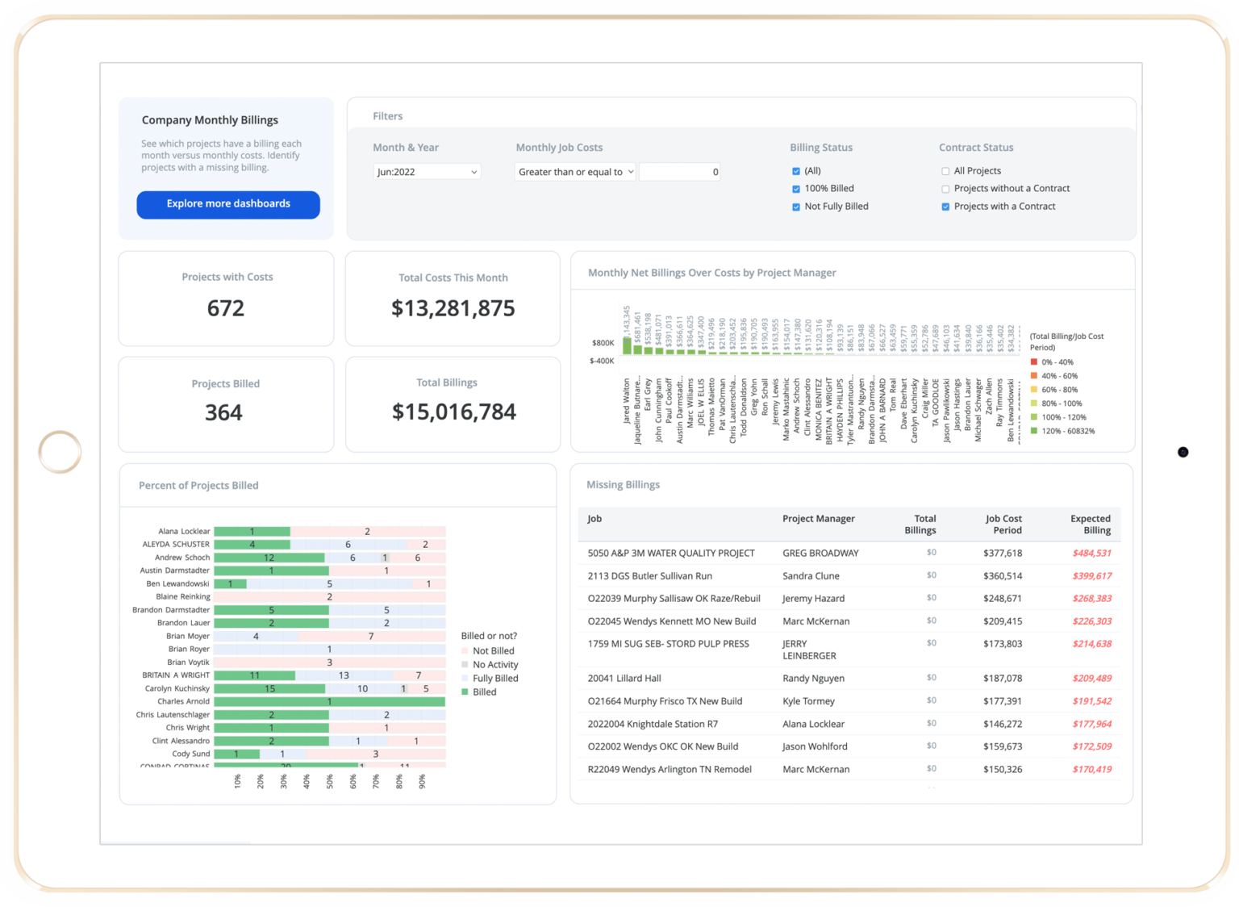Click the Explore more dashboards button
tap(228, 204)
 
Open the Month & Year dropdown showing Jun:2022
tap(427, 172)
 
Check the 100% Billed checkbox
tap(796, 189)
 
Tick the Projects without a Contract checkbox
tap(945, 189)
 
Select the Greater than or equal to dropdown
tap(575, 172)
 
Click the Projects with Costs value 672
tap(226, 308)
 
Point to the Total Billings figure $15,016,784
tap(453, 412)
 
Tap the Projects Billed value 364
tap(223, 413)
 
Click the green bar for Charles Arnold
tap(329, 702)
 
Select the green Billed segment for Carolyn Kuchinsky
tap(269, 689)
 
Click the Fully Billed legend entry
tap(494, 679)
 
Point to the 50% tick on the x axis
tap(330, 781)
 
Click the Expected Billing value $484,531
tap(1091, 554)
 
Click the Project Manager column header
tap(818, 519)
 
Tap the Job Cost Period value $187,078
tap(1002, 679)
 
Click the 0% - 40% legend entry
tap(1057, 362)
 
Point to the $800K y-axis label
tap(603, 343)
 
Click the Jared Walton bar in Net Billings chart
tap(627, 345)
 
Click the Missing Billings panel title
tap(623, 485)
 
